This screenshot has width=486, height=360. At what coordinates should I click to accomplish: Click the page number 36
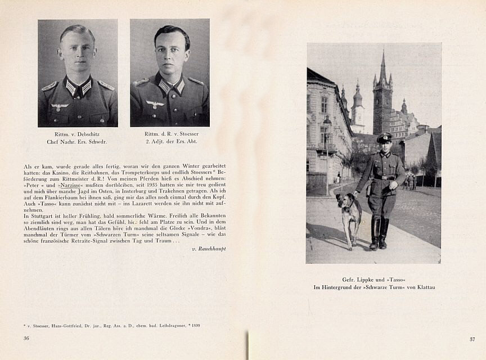tap(26, 338)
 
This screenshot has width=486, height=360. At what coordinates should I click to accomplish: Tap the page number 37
tap(472, 339)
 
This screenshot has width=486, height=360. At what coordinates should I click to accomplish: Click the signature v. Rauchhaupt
tap(209, 248)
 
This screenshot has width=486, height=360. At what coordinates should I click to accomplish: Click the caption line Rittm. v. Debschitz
tap(78, 134)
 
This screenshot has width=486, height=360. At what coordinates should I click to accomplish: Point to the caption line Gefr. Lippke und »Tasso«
tap(374, 280)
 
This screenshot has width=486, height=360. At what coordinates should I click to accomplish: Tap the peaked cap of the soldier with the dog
tap(385, 137)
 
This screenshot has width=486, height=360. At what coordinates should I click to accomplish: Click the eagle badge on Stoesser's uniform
tap(154, 104)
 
